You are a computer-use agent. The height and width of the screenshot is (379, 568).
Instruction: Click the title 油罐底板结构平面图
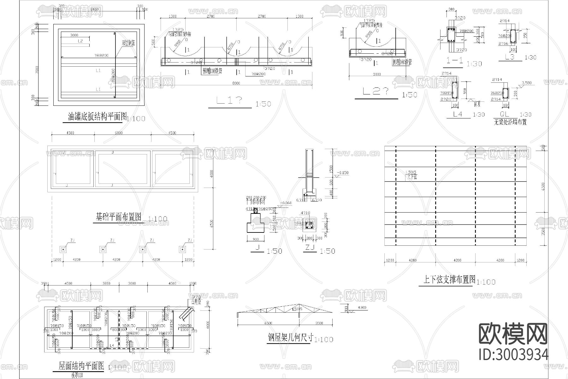[x=97, y=117]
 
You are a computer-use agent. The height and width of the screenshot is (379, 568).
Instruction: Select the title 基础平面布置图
[x=119, y=217]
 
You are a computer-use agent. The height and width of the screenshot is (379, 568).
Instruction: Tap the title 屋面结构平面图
[x=81, y=366]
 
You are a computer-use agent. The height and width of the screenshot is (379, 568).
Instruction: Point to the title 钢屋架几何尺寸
[x=290, y=338]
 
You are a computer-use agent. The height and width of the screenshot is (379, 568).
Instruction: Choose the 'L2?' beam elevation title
[x=376, y=92]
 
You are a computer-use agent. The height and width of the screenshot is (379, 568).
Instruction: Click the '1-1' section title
[x=455, y=61]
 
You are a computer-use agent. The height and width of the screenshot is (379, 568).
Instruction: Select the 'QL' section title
[x=505, y=114]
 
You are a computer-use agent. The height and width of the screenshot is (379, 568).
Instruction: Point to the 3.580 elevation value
[x=526, y=83]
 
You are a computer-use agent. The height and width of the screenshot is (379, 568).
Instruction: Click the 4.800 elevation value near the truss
[x=361, y=307]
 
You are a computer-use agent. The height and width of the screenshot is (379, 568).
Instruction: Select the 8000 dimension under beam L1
[x=236, y=83]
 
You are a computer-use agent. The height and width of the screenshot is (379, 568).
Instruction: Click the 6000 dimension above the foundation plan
[x=119, y=133]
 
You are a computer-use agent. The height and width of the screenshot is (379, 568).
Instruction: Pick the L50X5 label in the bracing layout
[x=411, y=172]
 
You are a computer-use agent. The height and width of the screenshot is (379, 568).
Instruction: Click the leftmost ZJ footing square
[x=63, y=249]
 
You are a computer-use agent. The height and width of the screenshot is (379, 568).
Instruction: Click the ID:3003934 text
[x=513, y=355]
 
